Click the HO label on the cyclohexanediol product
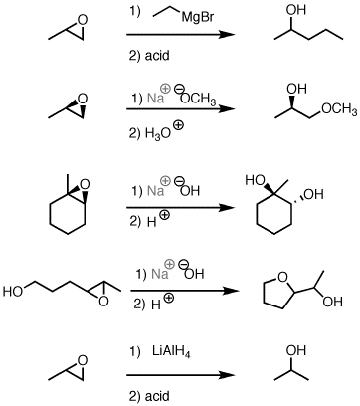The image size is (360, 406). click(x=257, y=182)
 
